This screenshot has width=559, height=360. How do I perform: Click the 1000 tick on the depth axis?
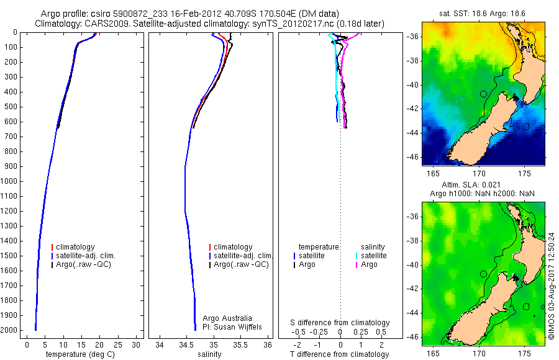click(x=10, y=181)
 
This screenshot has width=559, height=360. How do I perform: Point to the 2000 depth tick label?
click(x=10, y=330)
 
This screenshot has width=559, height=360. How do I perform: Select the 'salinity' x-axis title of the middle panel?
click(x=208, y=354)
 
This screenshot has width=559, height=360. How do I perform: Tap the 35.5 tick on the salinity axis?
click(x=240, y=344)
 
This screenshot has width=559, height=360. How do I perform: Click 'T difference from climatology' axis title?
click(x=340, y=354)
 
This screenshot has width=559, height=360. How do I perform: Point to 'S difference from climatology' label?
click(x=340, y=323)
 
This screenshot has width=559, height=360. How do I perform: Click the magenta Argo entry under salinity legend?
click(x=369, y=264)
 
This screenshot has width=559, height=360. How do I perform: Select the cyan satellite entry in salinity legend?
click(x=373, y=256)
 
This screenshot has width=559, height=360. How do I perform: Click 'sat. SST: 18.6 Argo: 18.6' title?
click(x=483, y=12)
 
